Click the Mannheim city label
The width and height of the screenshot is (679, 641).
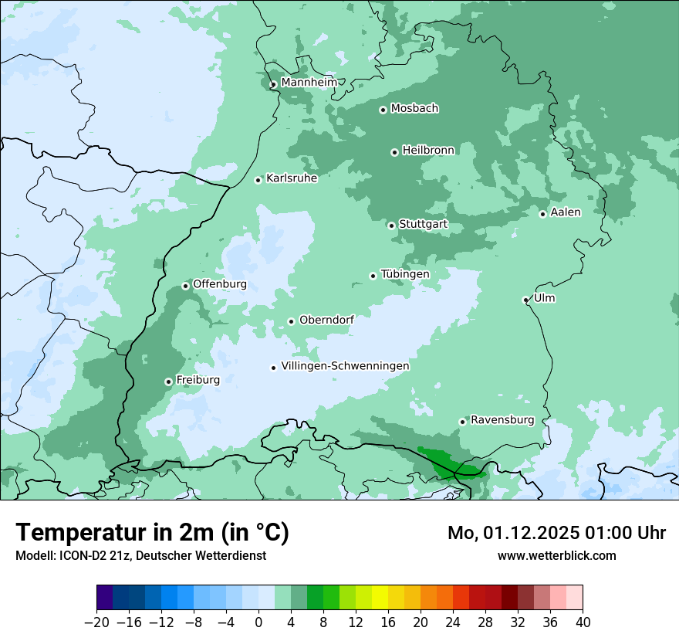coord(309,83)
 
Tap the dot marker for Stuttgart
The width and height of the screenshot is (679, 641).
coord(391,226)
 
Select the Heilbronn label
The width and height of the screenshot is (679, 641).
coord(428,151)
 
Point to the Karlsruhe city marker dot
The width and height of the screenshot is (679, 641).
coord(258,180)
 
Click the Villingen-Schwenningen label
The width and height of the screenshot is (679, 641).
coord(345,366)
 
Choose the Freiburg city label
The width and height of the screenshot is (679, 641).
coord(198,380)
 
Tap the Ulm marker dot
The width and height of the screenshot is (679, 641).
coord(525,300)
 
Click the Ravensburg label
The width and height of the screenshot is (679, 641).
coord(502,420)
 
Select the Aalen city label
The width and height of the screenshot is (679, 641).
coord(566,212)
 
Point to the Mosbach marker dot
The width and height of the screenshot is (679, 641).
coord(383,110)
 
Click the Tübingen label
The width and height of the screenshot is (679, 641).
coord(405,274)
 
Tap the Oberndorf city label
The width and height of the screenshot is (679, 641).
coord(326,320)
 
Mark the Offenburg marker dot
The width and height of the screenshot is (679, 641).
coord(185,286)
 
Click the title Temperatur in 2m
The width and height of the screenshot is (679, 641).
coord(152,533)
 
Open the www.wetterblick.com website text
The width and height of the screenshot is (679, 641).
coord(556,555)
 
